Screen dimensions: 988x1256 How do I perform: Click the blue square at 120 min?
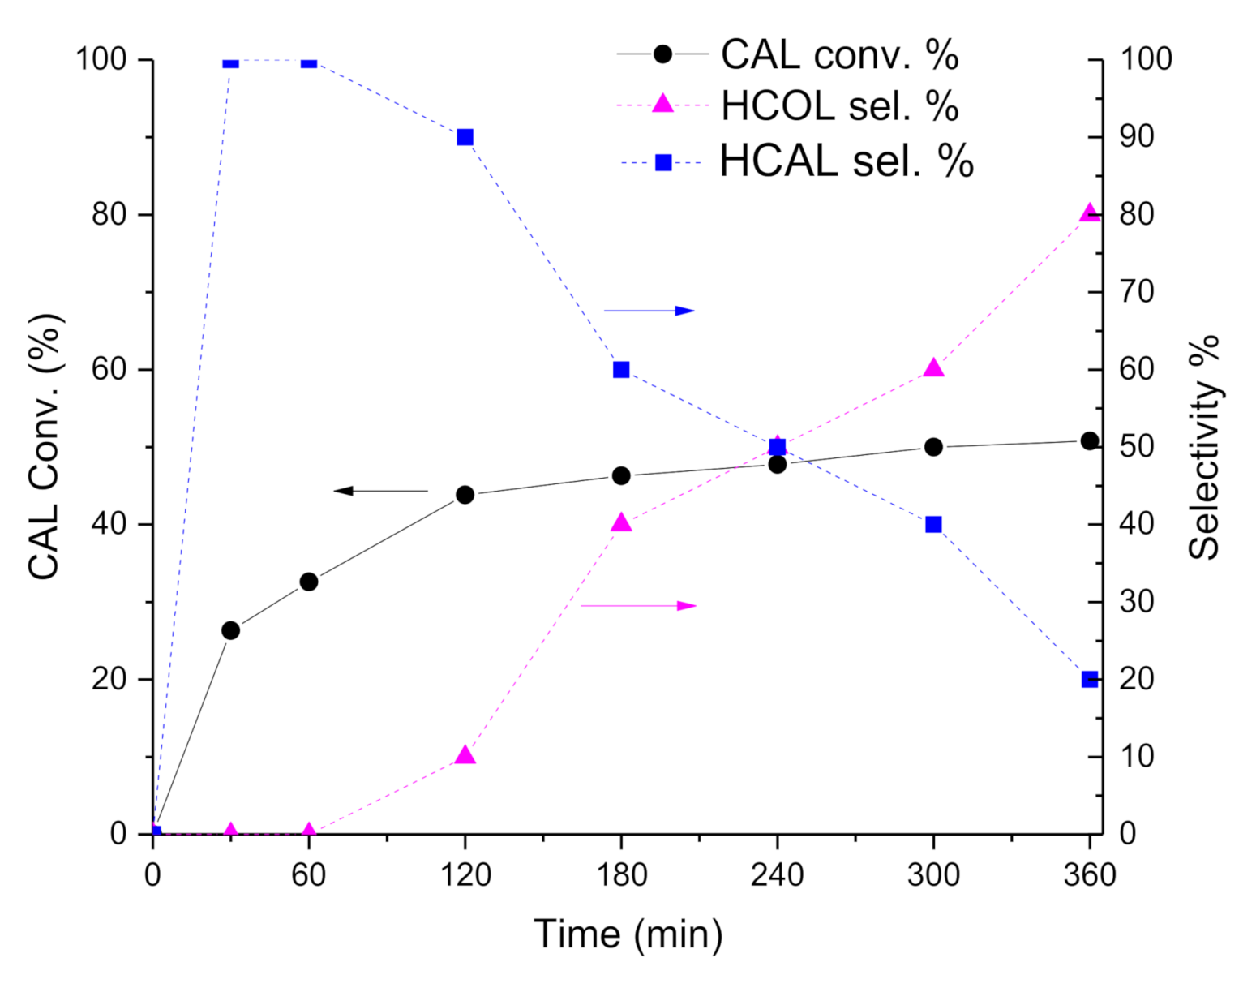[x=465, y=137]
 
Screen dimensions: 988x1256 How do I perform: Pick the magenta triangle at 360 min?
[x=1090, y=213]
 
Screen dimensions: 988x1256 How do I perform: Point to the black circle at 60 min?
[x=309, y=582]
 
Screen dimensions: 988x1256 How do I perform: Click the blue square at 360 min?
[x=1090, y=679]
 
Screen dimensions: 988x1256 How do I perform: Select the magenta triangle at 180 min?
[x=621, y=522]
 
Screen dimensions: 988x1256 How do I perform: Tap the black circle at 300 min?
[x=933, y=447]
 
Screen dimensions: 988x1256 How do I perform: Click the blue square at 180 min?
[x=621, y=370]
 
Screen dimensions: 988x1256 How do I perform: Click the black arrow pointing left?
[x=380, y=491]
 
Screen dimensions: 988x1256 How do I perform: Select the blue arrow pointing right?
[x=649, y=311]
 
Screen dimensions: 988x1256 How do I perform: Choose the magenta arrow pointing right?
[x=638, y=606]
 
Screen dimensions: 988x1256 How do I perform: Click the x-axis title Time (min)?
[x=628, y=934]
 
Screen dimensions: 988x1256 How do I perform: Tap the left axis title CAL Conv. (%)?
[x=45, y=446]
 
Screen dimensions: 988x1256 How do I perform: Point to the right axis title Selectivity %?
[x=1204, y=446]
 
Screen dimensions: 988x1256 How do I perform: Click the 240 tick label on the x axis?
[x=777, y=875]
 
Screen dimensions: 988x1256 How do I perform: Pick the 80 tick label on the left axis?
[x=110, y=215]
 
